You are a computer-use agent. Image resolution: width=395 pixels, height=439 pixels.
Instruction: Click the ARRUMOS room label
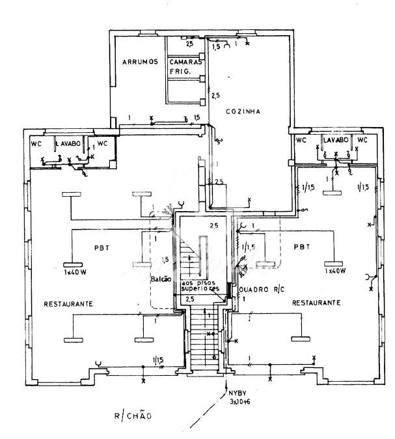[140, 63]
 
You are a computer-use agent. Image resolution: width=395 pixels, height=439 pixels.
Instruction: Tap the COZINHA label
[243, 112]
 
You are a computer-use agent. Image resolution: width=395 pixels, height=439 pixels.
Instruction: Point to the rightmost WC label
[362, 140]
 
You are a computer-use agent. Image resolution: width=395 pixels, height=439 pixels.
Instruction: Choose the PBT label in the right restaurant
[300, 247]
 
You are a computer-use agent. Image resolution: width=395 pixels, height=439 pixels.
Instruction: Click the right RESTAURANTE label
[316, 303]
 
